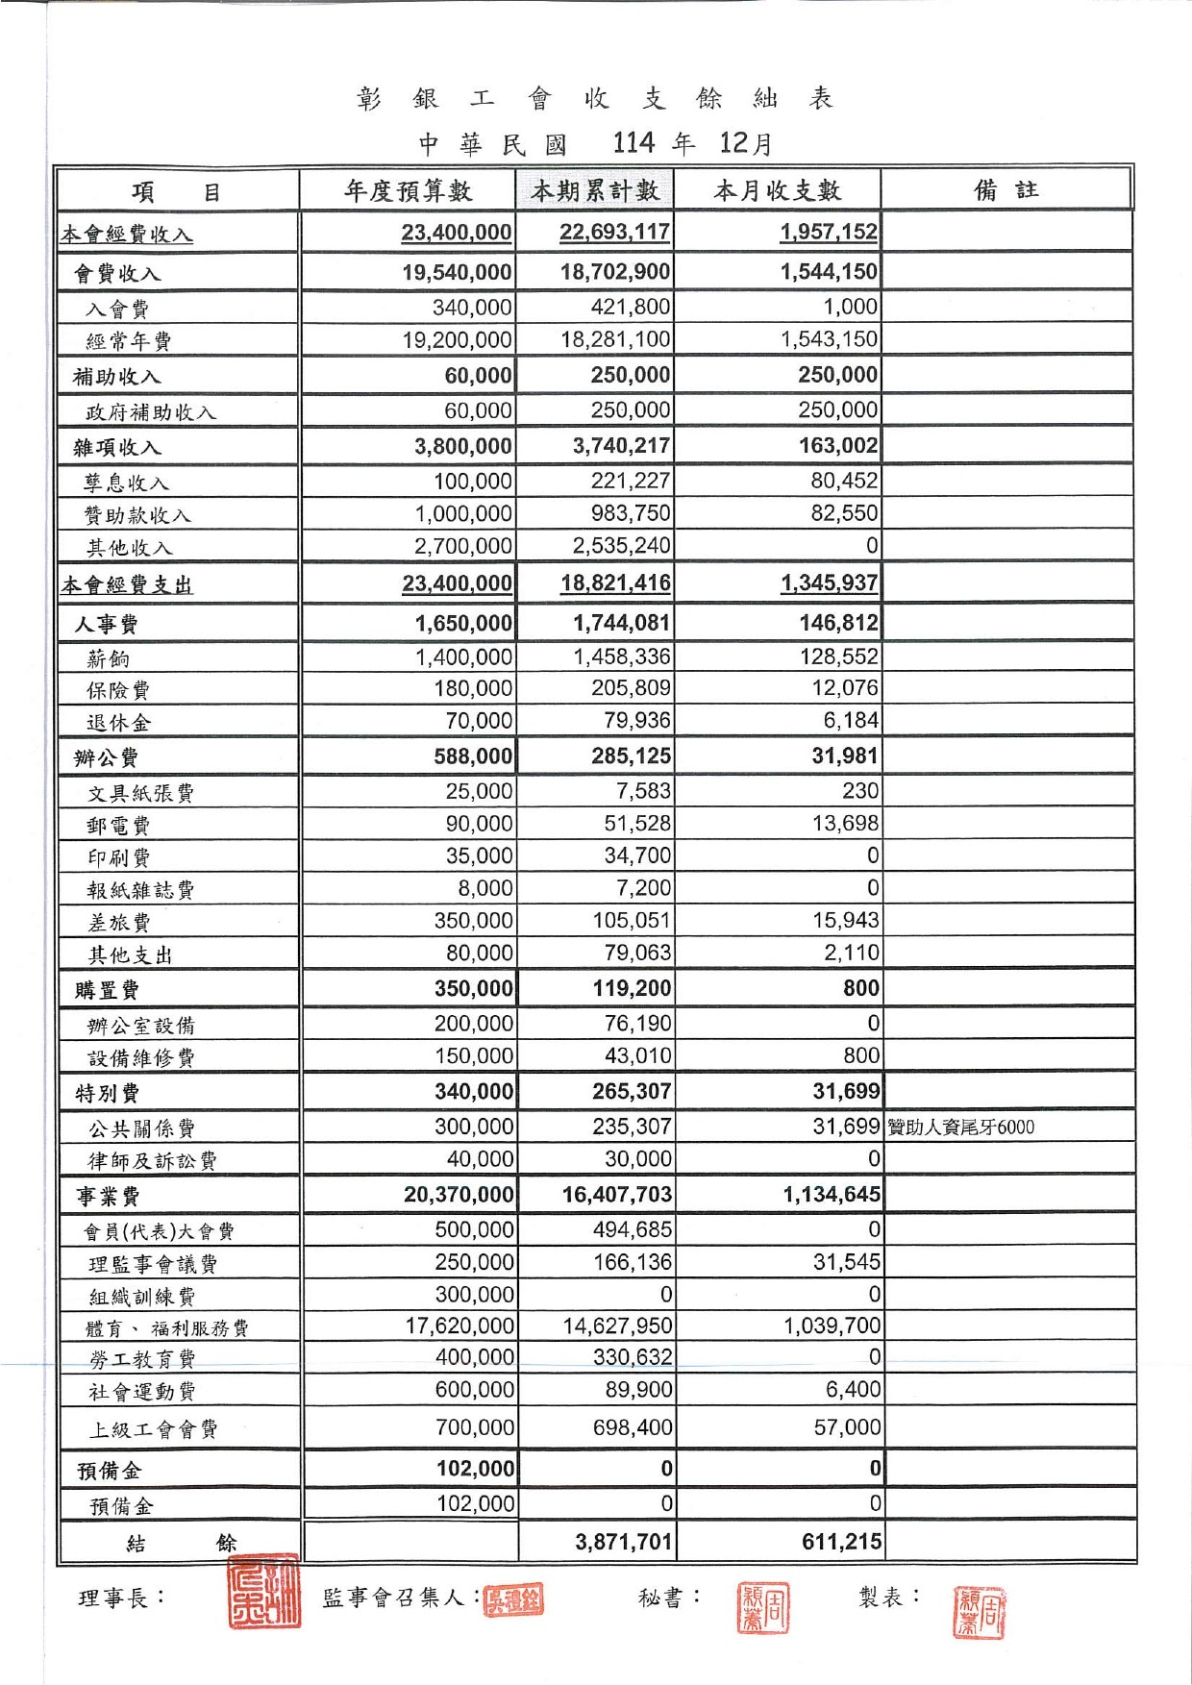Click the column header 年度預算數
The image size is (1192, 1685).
[x=408, y=191]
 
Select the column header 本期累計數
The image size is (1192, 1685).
[x=595, y=191]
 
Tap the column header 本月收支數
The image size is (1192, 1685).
[x=777, y=191]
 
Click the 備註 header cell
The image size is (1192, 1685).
[x=1006, y=190]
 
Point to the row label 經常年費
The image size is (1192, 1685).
[x=129, y=341]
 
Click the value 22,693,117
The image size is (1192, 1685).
[x=614, y=233]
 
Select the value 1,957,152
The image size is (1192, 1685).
[x=829, y=233]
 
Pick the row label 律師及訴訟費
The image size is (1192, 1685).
[x=152, y=1161]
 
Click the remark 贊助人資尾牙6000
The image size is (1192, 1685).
[x=960, y=1127]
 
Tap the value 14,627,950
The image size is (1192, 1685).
[x=617, y=1326]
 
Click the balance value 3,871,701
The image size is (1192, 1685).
[x=624, y=1542]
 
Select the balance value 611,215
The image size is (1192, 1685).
[x=841, y=1542]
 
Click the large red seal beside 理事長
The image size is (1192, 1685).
[x=263, y=1592]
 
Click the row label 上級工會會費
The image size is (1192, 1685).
[x=153, y=1430]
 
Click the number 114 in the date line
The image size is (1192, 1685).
[x=633, y=143]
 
